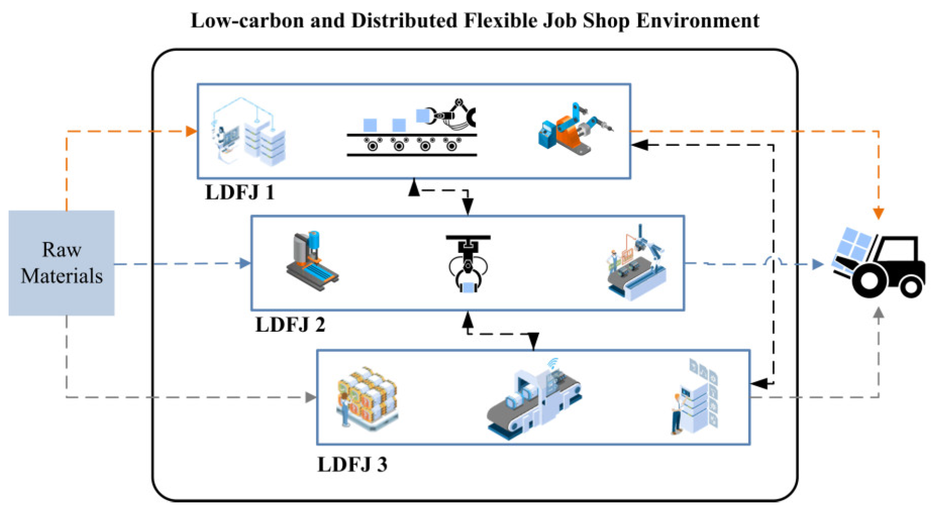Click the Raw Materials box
point(61,263)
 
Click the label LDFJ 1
point(240,192)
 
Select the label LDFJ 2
point(290,325)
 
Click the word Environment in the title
point(697,21)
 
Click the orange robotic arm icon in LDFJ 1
point(574,130)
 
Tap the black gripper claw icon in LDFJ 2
point(468,264)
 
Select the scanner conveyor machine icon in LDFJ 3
point(534,399)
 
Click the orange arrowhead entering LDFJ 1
point(191,131)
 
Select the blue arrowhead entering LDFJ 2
point(245,263)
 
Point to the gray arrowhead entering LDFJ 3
point(311,397)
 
